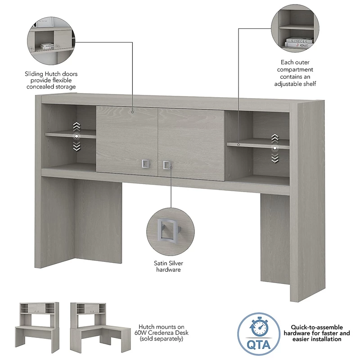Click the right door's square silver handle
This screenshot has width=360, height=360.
[167, 165]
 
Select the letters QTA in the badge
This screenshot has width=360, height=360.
[258, 344]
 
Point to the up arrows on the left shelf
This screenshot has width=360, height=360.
[76, 126]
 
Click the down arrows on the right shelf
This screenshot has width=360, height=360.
[275, 158]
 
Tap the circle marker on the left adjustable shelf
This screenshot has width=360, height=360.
[76, 136]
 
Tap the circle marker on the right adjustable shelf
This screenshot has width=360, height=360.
[274, 148]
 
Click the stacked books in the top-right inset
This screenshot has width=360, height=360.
[299, 42]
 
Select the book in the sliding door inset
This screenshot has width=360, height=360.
[47, 46]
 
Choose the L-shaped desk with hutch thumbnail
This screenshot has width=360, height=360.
[100, 328]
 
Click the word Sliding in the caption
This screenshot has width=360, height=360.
[34, 74]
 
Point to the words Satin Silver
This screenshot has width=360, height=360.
[168, 263]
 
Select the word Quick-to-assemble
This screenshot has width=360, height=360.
[317, 327]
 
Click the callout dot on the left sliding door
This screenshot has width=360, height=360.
[132, 112]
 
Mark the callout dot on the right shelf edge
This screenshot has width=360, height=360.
[238, 144]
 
